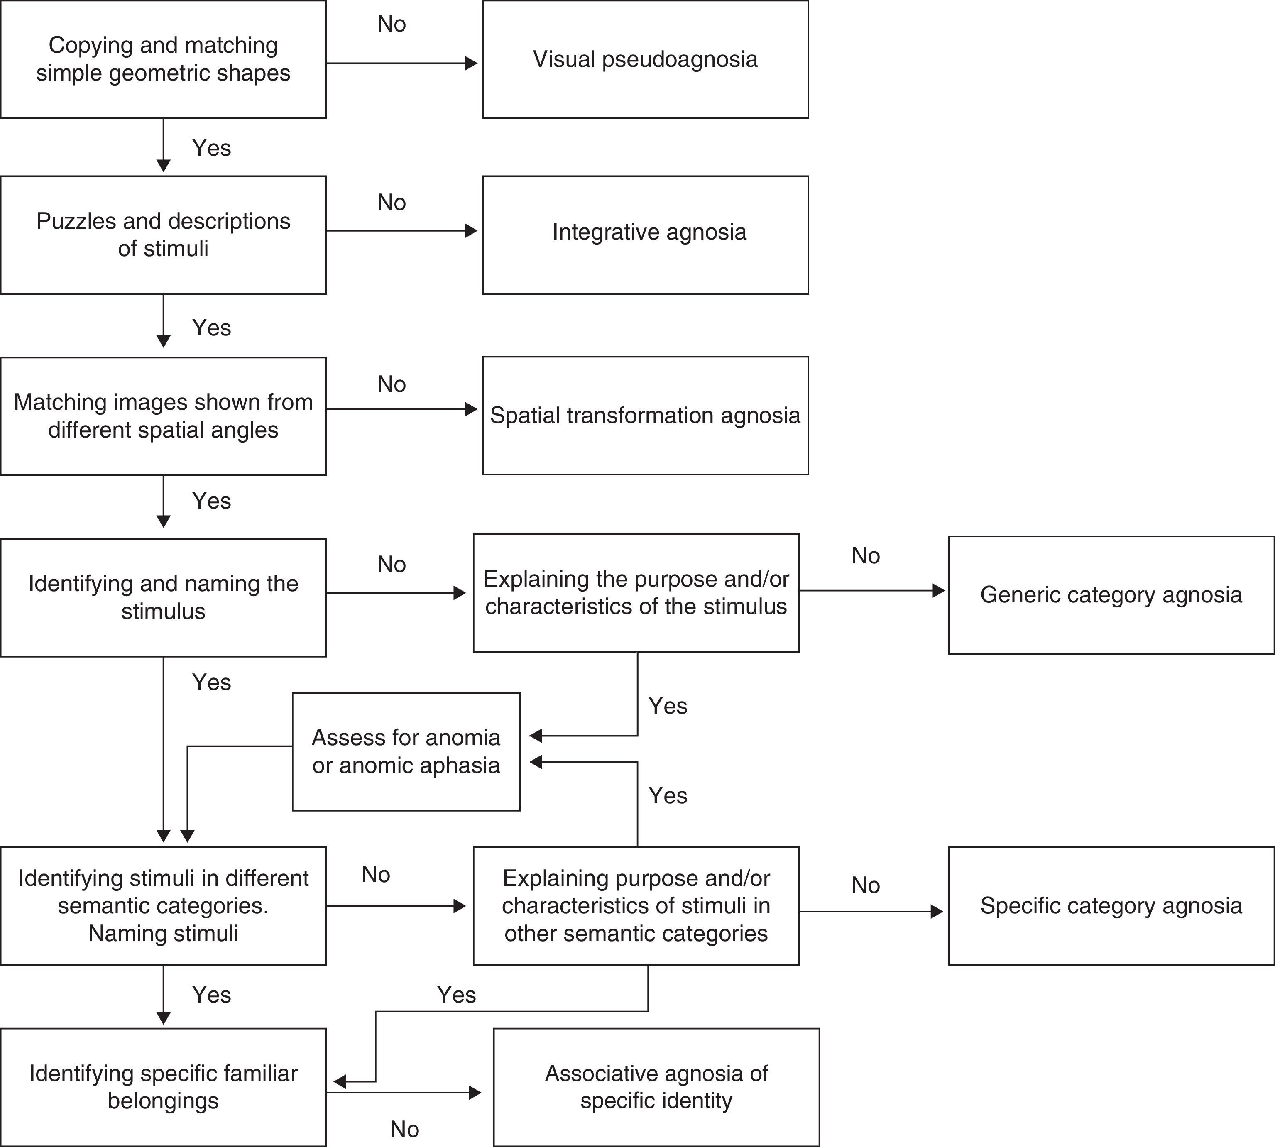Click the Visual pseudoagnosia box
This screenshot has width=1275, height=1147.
(645, 59)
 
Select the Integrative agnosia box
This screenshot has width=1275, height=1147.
(645, 235)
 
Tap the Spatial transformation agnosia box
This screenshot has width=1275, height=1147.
(645, 415)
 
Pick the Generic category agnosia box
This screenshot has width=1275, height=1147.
(1111, 595)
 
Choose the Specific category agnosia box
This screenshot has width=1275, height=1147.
(1111, 906)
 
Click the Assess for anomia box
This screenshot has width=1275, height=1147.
(406, 751)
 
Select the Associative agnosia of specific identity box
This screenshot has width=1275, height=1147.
(656, 1087)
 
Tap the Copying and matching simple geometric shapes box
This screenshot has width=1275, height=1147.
(163, 59)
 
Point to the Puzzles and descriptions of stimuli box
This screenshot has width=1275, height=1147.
(163, 235)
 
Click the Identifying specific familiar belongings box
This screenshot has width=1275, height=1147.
(163, 1087)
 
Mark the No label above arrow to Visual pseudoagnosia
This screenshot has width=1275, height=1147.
(392, 24)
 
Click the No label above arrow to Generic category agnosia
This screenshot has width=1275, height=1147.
(865, 555)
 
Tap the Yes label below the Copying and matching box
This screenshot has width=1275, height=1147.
(211, 148)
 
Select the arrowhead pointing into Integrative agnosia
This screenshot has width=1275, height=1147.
(471, 231)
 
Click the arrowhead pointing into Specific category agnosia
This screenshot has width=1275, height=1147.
(937, 911)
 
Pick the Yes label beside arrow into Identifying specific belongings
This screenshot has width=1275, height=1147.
(456, 995)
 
